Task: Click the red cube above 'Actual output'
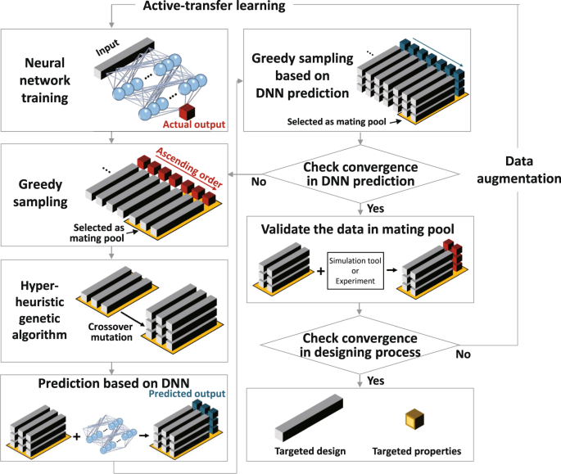pyautogui.click(x=187, y=111)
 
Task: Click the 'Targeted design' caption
pyautogui.click(x=309, y=452)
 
